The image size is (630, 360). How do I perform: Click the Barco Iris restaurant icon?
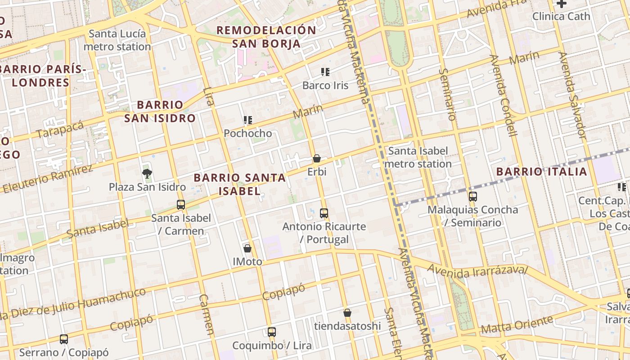[x=325, y=72]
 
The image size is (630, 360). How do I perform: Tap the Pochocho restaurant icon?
[x=248, y=120]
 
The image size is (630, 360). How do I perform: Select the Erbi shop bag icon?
[x=317, y=158]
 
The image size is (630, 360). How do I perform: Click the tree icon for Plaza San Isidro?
[x=147, y=173]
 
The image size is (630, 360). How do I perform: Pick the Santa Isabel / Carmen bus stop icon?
[x=181, y=205]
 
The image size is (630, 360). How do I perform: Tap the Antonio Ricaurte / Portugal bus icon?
[x=324, y=213]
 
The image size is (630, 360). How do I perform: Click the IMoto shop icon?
[x=247, y=248]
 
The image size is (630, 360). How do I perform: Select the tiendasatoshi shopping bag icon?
[x=347, y=313]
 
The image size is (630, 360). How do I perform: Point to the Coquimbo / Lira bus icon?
[x=272, y=332]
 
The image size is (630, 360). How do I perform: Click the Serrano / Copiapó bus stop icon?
[x=64, y=339]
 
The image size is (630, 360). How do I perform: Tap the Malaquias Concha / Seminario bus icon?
[x=472, y=197]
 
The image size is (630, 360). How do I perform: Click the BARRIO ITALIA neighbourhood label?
[x=542, y=171]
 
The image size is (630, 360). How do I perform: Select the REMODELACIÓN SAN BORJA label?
[x=266, y=37]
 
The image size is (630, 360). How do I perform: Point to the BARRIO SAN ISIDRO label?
[x=160, y=112]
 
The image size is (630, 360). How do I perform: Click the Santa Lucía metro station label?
[x=117, y=40]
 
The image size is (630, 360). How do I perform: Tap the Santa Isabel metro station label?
[x=418, y=157]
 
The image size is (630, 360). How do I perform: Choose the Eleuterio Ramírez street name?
[x=47, y=179]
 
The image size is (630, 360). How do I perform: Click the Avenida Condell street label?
[x=504, y=95]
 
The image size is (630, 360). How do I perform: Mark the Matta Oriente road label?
[x=517, y=325]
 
